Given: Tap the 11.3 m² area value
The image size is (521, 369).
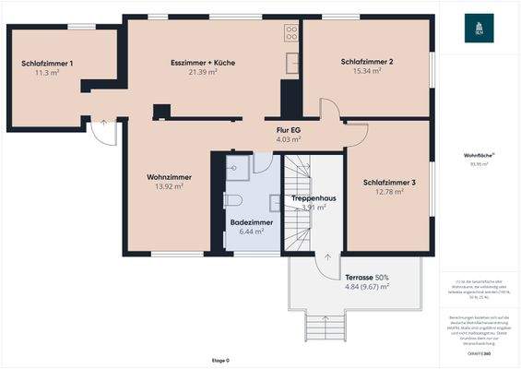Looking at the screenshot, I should (x=47, y=72).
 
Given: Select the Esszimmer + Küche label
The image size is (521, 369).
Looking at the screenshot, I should (x=203, y=62).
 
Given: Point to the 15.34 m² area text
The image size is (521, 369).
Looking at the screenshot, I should (x=367, y=71).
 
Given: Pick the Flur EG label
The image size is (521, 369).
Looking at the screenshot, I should (x=290, y=130).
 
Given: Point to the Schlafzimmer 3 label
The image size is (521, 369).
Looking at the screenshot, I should (x=388, y=183).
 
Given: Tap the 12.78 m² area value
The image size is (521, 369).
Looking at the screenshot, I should (x=388, y=192).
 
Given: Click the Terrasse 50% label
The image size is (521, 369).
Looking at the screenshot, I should (x=367, y=277).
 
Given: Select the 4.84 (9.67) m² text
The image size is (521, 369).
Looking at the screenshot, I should (x=367, y=287).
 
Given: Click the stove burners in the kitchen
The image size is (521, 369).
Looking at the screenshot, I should (x=291, y=33).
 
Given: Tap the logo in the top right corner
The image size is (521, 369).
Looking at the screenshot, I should (x=479, y=30).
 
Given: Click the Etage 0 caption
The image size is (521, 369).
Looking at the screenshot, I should (x=220, y=360).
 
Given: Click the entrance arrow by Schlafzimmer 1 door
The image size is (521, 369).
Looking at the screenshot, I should (x=103, y=121).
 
